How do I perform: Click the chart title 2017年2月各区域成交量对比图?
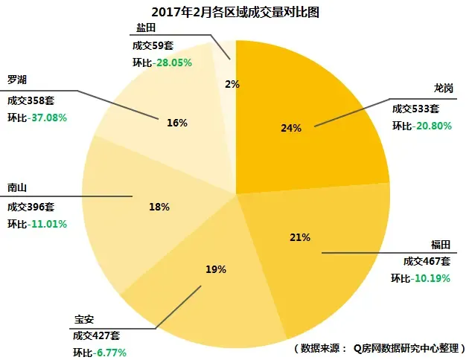(x=236, y=12)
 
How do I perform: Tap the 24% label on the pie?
(x=291, y=128)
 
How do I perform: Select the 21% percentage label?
(x=300, y=238)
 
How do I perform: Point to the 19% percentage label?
(x=216, y=269)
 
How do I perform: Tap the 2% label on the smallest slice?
(x=232, y=84)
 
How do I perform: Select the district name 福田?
(x=441, y=245)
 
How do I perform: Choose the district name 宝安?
(x=83, y=320)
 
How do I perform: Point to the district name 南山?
(x=18, y=189)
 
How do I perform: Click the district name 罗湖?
(x=18, y=80)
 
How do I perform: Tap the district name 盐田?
(x=146, y=28)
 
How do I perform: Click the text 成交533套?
(x=419, y=108)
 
